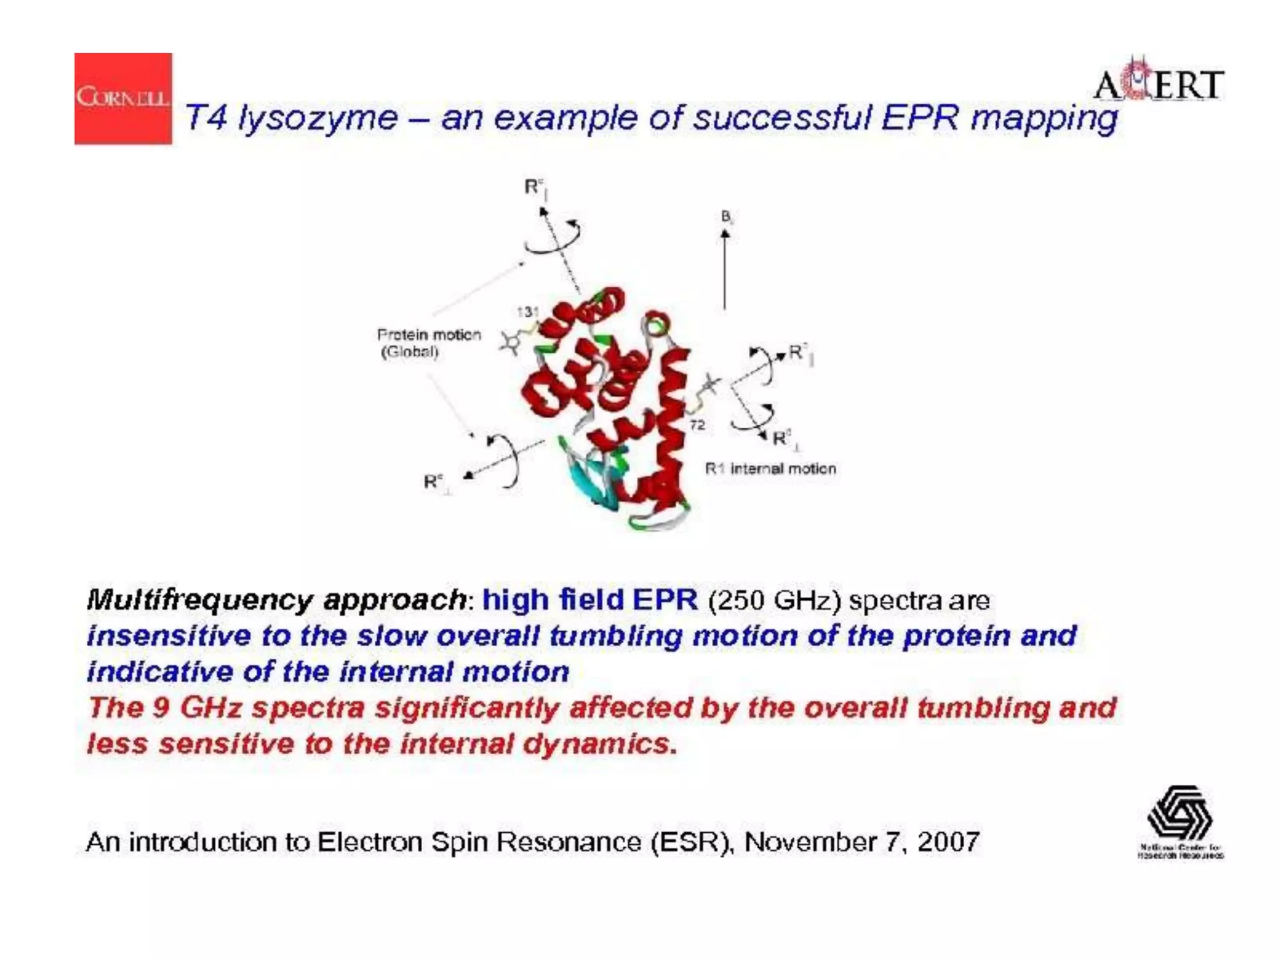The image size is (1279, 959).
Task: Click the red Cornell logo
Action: coord(123,99)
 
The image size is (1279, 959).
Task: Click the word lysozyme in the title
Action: coord(318,118)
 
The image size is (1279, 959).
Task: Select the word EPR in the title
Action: coord(920,118)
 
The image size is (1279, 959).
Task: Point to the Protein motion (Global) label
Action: coord(428,343)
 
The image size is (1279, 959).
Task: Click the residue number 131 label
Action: coord(528,312)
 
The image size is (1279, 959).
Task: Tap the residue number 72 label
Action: coord(698,425)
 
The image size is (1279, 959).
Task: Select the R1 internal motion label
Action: coord(770,469)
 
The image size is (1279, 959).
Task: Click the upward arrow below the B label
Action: coord(725,268)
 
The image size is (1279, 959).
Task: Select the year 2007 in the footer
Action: coord(948,842)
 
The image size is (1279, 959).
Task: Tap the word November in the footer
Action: coord(810,842)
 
